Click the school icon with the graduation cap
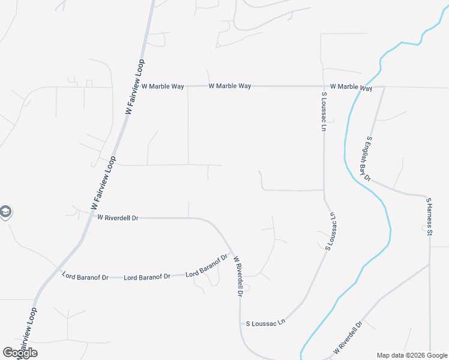[x=5, y=212]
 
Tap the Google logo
[x=20, y=353]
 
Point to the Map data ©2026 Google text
[x=411, y=355]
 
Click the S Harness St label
[x=429, y=216]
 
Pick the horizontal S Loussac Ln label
[x=265, y=323]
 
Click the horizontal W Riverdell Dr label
[x=118, y=218]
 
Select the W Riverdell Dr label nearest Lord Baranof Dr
[x=238, y=276]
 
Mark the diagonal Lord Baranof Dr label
[x=207, y=266]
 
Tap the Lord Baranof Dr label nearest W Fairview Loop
[x=85, y=277]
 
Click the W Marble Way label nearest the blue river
[x=351, y=87]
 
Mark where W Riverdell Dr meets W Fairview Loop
[x=91, y=216]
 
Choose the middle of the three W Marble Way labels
[x=230, y=86]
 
